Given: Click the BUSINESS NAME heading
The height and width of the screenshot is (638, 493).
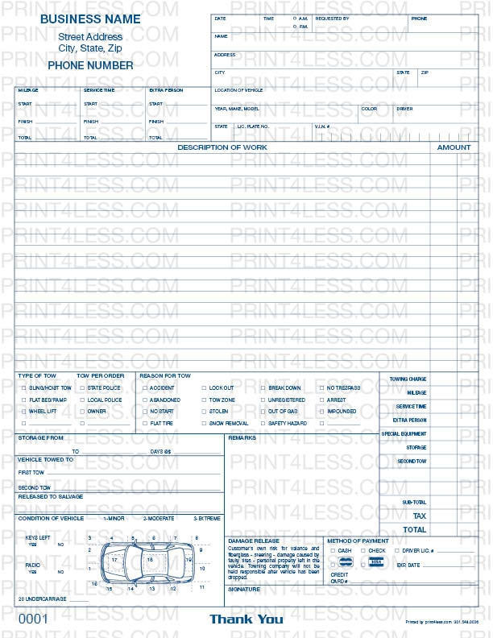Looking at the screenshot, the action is point(89,19).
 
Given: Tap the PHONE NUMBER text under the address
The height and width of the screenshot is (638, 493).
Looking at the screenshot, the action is point(90,65).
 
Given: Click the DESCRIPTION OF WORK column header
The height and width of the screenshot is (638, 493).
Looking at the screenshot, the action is point(222,147).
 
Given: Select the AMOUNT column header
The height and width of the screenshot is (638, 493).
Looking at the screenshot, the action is point(454,147).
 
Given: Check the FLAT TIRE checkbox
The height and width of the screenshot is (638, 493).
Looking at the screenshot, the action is point(143,423).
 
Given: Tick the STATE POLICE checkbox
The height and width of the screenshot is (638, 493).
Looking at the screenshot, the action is point(81,388).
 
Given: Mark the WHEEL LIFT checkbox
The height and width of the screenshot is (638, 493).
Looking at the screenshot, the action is point(23,412).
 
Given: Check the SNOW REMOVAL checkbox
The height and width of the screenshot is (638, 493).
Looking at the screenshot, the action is point(203,423).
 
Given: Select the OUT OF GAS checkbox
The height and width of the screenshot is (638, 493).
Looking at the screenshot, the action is point(263,412).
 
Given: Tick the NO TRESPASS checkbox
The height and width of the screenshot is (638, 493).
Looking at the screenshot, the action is point(321,388).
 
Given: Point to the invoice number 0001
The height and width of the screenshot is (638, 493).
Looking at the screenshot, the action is point(34,619).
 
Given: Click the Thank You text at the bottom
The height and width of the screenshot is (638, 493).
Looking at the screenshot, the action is point(246,619).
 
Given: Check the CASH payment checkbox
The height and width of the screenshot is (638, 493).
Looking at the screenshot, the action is point(333,551).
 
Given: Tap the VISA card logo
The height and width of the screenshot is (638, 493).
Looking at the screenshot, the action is point(375,562).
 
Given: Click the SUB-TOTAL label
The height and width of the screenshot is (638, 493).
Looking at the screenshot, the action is point(414,503).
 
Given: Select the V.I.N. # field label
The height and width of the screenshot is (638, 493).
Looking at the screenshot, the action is point(321,126).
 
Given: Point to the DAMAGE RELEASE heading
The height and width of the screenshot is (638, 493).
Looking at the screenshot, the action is point(254,541).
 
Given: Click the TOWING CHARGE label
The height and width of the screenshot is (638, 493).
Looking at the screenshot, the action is point(408,379).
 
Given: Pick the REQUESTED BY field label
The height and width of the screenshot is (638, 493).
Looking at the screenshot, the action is point(332,18).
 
